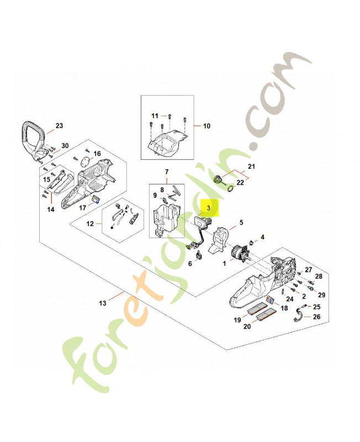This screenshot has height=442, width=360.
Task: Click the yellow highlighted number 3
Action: pyautogui.click(x=209, y=208)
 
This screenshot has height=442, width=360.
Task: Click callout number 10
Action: pyautogui.click(x=207, y=126)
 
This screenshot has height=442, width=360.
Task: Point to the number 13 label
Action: pyautogui.click(x=102, y=303)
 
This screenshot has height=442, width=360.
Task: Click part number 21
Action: pyautogui.click(x=252, y=166)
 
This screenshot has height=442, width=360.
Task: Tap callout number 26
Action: pyautogui.click(x=316, y=317)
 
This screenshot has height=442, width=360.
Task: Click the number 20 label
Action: pyautogui.click(x=247, y=327)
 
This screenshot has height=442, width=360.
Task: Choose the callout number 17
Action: pyautogui.click(x=83, y=208)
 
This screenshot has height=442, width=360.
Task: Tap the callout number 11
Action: pyautogui.click(x=155, y=115)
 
